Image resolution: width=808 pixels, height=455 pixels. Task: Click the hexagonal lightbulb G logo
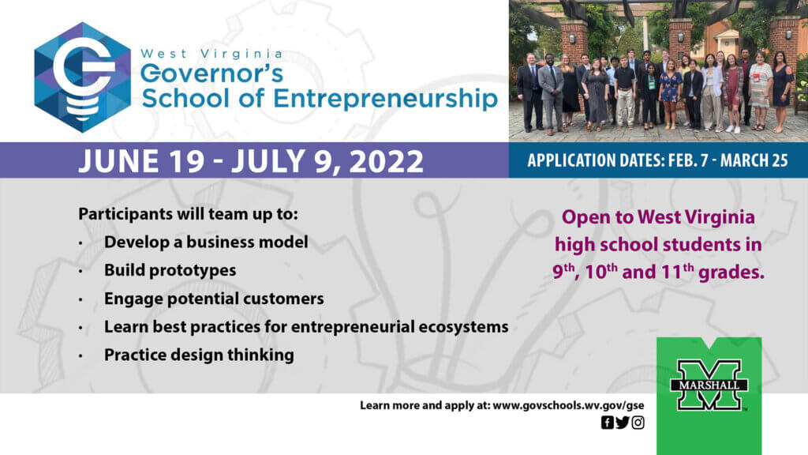point(82,77)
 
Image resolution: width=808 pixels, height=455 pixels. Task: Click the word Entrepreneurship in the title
point(385,98)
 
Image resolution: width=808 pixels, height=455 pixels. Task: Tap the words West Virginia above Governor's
point(211,54)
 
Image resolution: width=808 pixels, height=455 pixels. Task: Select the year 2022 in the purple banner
point(386,161)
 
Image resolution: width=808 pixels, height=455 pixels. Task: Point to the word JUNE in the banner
point(118,161)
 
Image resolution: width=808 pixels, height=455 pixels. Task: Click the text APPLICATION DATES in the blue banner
point(595,160)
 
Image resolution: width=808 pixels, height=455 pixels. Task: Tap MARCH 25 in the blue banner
point(754,160)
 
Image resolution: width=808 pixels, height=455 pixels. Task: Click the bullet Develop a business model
point(206,242)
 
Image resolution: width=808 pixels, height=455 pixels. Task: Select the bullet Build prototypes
point(170,270)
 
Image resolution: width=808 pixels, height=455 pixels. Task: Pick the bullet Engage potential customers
point(214,299)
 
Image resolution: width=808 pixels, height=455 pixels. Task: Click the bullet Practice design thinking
point(199,355)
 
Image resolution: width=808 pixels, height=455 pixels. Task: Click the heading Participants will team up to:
point(188,213)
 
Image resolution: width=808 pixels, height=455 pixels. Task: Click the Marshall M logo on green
point(709,385)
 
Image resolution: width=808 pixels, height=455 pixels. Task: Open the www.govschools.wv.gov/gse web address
point(568,405)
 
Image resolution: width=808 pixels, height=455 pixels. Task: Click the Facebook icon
point(607,423)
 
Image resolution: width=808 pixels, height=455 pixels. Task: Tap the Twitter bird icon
point(623,423)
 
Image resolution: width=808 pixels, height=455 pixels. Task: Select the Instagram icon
point(638,423)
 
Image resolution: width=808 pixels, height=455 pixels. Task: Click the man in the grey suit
point(551,93)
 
